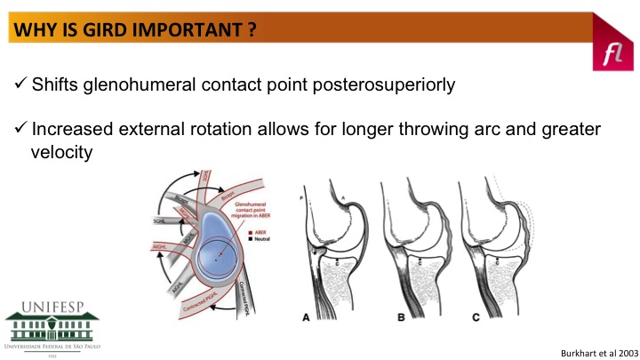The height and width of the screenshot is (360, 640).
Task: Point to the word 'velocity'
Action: click(62, 152)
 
